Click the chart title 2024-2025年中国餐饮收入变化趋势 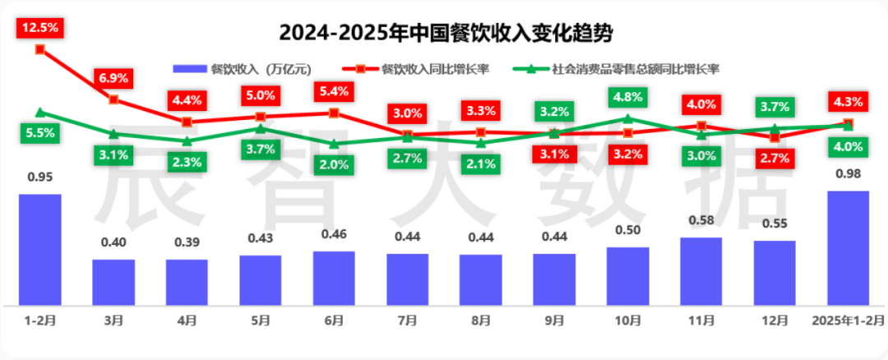pyautogui.click(x=445, y=34)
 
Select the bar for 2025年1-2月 pyautogui.click(x=848, y=247)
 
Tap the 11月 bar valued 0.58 pyautogui.click(x=701, y=270)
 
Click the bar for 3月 pyautogui.click(x=113, y=281)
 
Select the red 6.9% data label pyautogui.click(x=113, y=78)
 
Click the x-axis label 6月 pyautogui.click(x=333, y=319)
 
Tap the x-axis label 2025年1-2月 pyautogui.click(x=848, y=319)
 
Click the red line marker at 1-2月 pyautogui.click(x=40, y=49)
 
